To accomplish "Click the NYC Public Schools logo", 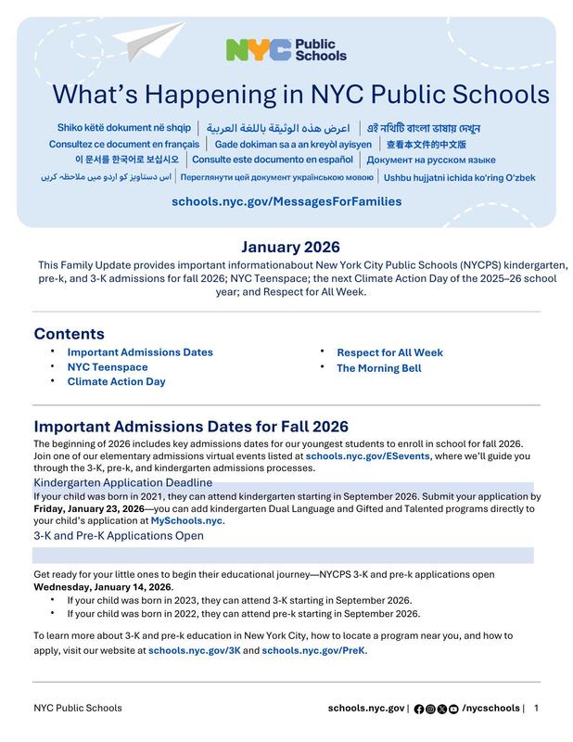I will (286, 49).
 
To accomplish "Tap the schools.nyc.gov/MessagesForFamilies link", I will (286, 200).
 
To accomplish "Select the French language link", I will (124, 145).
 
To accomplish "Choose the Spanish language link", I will (275, 160).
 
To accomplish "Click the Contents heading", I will (70, 334).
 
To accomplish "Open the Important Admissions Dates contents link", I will (140, 352).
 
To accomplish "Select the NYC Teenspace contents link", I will (108, 367).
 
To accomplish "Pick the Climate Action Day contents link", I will (116, 381).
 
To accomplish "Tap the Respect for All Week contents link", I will (389, 352).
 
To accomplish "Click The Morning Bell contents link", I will (378, 368).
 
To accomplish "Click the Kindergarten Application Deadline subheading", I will (123, 483).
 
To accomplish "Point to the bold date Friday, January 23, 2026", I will (89, 509).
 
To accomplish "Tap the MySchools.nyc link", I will (186, 521).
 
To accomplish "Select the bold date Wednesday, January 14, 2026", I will (103, 587).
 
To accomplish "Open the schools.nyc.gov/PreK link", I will (313, 651).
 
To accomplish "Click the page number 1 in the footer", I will (536, 709).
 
